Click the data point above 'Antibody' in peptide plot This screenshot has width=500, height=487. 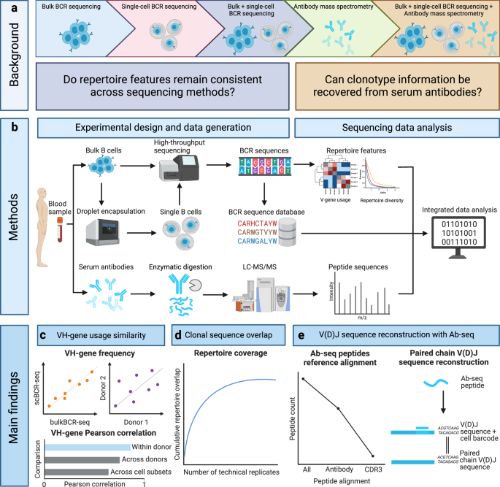pos(337,408)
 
